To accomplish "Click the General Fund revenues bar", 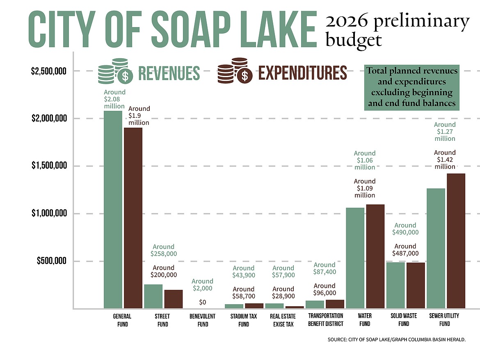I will point(113,209).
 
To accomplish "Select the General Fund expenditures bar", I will point(133,218).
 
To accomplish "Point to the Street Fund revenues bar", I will point(153,296).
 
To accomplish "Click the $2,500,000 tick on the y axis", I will point(48,71).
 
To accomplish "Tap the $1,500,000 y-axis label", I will point(48,166).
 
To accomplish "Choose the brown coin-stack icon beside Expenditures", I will point(233,71).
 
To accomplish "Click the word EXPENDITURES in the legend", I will point(302,73).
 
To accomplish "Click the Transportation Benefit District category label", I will point(325,319).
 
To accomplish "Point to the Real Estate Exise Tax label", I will point(283,320).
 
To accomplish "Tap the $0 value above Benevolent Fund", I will point(203,303).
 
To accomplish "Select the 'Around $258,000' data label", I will point(164,250).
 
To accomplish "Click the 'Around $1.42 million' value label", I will point(445,160).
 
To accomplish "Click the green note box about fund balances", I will point(411,87).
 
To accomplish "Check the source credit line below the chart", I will point(396,339).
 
